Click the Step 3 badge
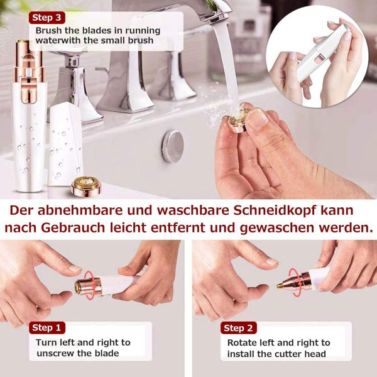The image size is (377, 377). pos(47,18)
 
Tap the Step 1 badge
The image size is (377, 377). pos(47,328)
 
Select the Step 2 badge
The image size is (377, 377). pos(239,328)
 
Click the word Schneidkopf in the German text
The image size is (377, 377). pos(275,210)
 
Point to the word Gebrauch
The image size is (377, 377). pos(73,227)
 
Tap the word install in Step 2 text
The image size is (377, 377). pos(241,354)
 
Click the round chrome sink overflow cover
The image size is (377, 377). pos(173,146)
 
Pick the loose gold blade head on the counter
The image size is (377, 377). pos(86,185)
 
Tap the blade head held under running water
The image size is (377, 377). pos(239,120)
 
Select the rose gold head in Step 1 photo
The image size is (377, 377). pos(88,286)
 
